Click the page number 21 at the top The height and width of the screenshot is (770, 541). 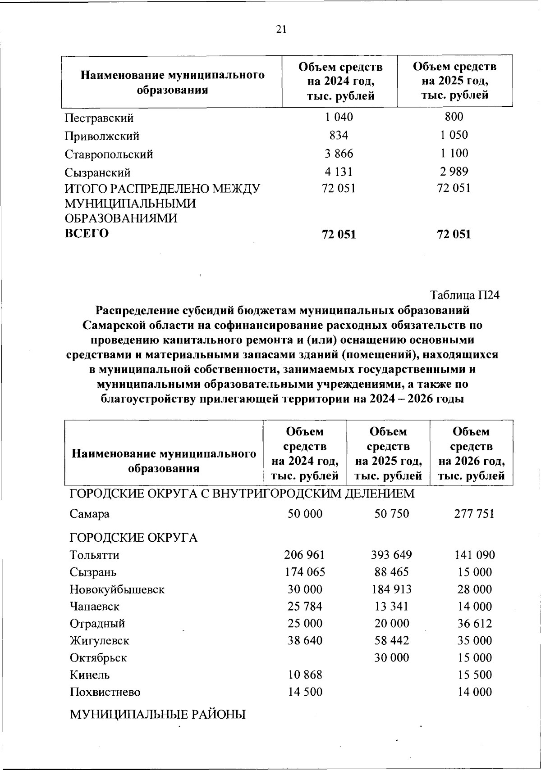281,30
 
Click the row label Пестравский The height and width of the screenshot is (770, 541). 99,118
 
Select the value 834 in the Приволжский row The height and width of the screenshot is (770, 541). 339,136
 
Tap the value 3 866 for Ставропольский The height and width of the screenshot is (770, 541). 339,154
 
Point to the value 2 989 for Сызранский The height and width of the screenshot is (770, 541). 454,172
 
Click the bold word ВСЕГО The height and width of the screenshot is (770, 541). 87,234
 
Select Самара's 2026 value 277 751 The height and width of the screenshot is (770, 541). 474,514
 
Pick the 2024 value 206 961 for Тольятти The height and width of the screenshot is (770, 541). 305,555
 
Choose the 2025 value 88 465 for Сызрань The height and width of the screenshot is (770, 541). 391,572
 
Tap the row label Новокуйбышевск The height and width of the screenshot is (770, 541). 117,589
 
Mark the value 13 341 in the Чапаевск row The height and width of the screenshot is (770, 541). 391,607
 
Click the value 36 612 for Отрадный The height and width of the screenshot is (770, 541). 475,624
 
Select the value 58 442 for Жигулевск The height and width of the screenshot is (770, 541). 391,641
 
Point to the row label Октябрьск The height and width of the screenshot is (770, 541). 98,658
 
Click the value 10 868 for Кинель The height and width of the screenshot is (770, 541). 305,675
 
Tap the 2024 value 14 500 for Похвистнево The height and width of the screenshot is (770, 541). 305,692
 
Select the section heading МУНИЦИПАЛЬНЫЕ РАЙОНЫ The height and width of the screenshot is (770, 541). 158,714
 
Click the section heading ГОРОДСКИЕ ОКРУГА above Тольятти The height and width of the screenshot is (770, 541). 133,538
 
